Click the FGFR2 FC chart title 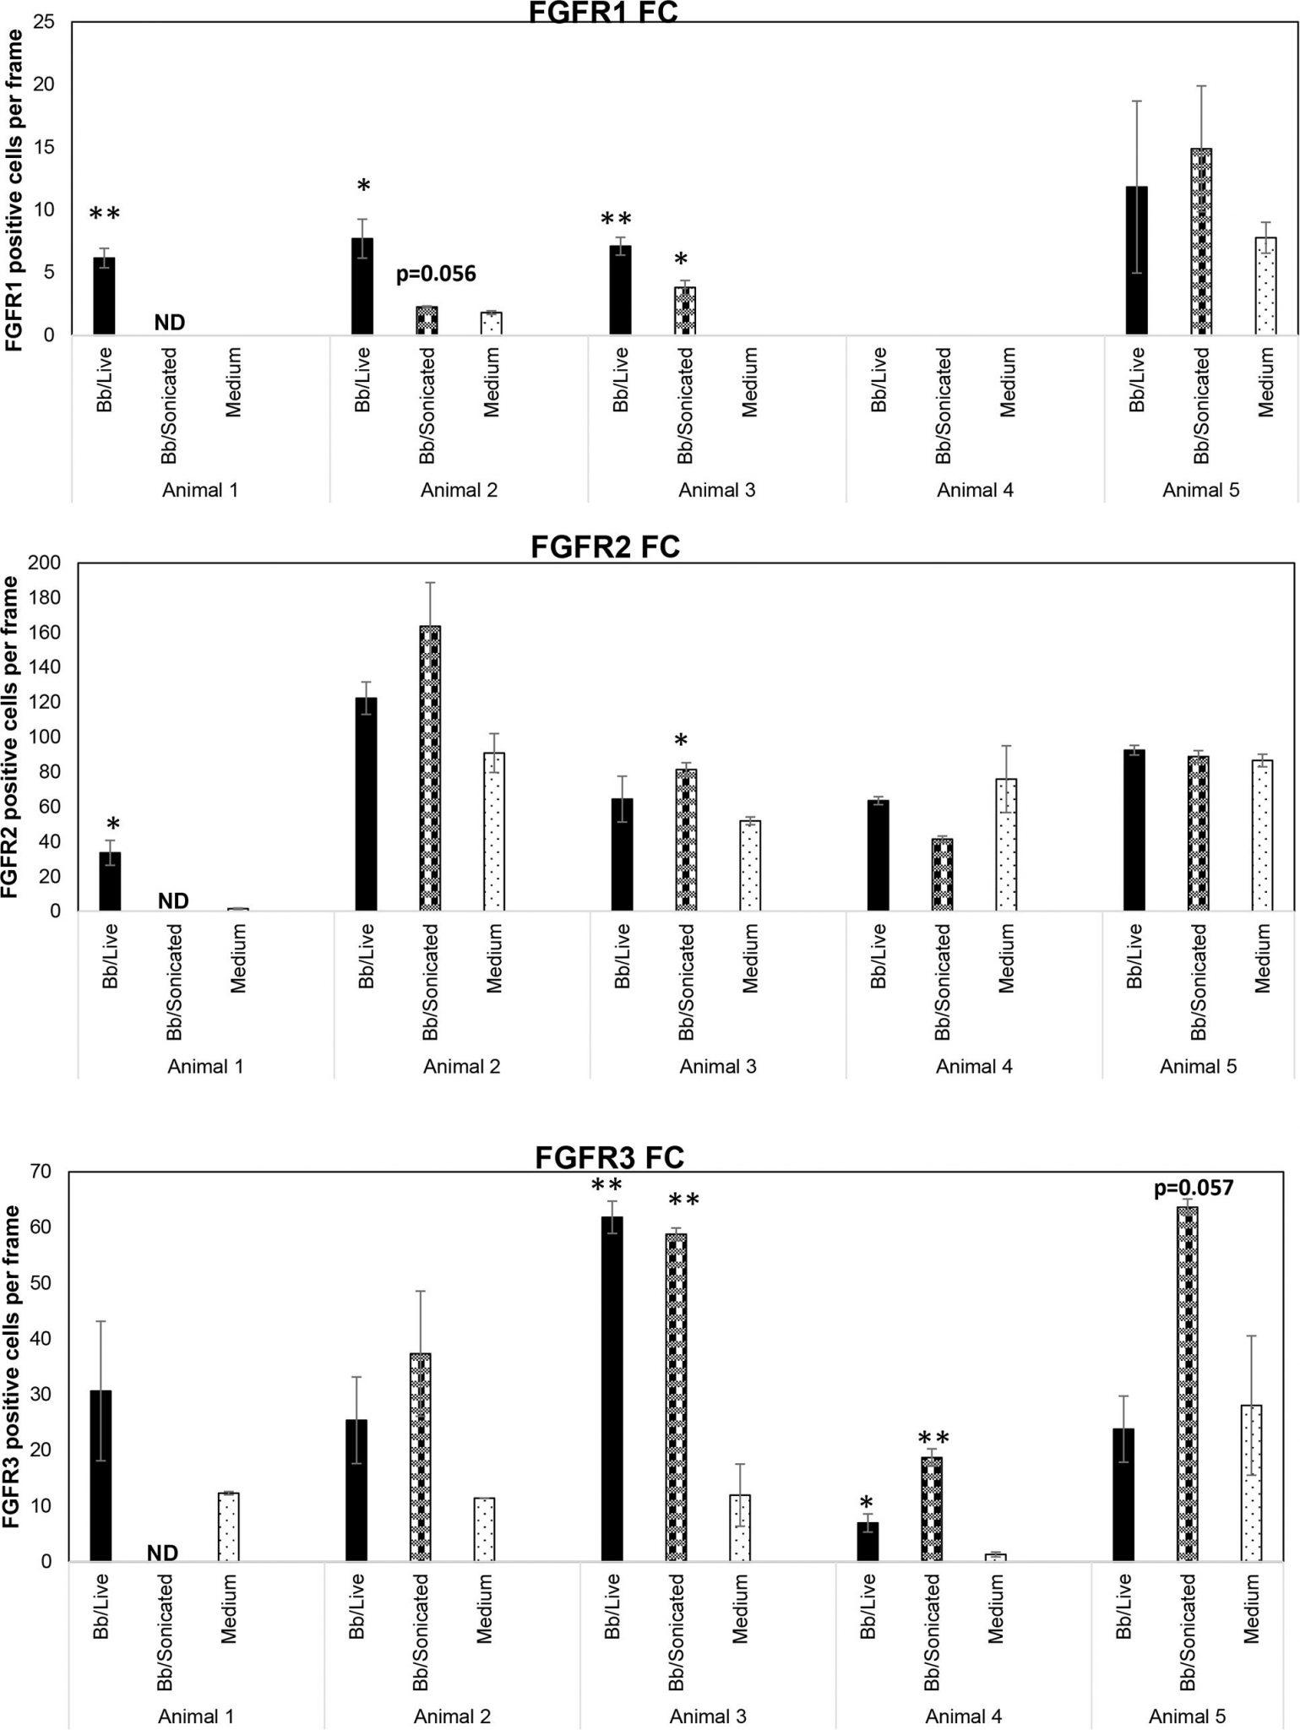[x=605, y=547]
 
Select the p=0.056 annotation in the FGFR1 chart [x=436, y=274]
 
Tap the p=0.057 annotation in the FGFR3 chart [x=1194, y=1188]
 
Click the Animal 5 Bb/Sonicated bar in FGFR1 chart [x=1200, y=242]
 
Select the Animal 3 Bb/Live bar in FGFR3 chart [x=612, y=1390]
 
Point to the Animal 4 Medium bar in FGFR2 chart [x=1005, y=845]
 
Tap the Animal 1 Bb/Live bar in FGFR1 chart [x=104, y=296]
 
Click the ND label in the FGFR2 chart [x=173, y=901]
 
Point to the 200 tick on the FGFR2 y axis [x=46, y=563]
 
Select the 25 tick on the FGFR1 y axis [x=44, y=22]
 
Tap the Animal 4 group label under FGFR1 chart [x=975, y=490]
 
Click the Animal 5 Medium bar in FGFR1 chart [x=1265, y=286]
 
